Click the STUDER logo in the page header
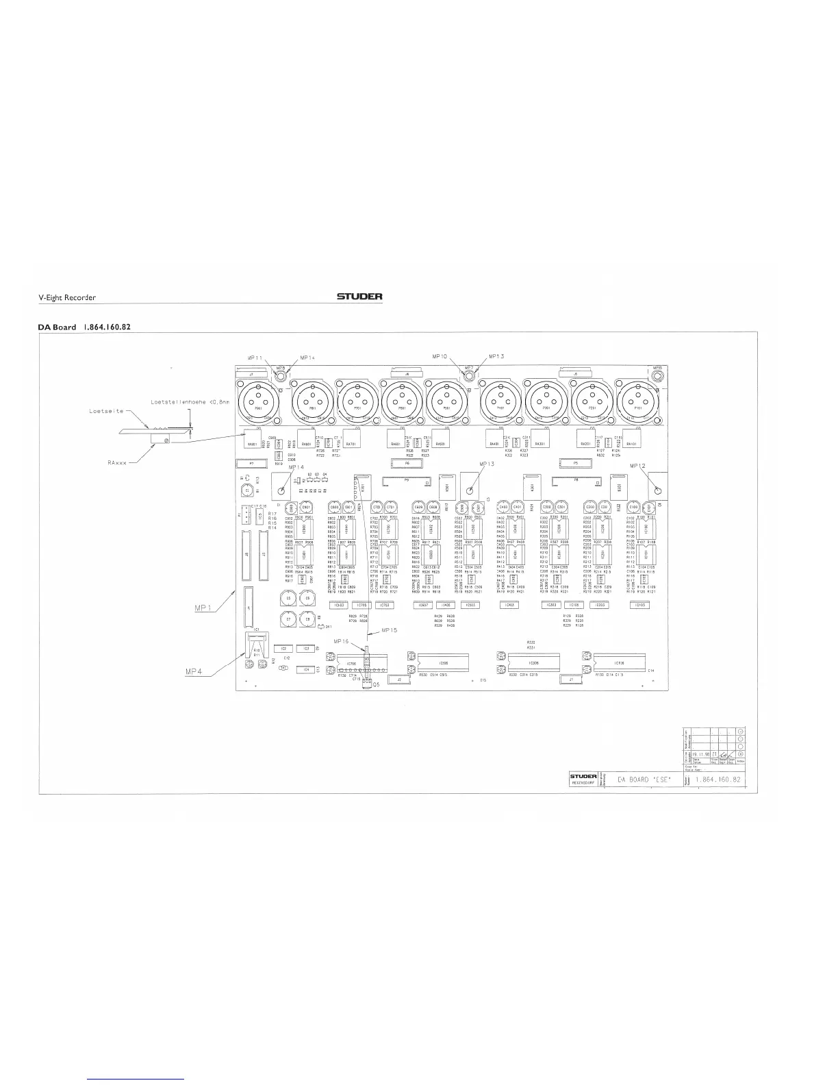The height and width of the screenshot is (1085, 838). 359,297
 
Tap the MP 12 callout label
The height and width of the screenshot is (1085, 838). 638,466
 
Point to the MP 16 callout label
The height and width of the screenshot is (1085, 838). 341,641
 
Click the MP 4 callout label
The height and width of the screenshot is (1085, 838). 195,671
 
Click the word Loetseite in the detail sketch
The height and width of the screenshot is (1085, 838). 105,411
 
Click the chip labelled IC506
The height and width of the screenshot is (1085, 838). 443,663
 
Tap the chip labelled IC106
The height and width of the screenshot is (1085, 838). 618,663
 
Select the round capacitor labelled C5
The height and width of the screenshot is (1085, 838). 289,599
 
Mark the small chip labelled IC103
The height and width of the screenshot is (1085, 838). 639,605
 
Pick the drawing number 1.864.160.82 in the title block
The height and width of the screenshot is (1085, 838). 717,780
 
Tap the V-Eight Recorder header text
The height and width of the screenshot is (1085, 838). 66,297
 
